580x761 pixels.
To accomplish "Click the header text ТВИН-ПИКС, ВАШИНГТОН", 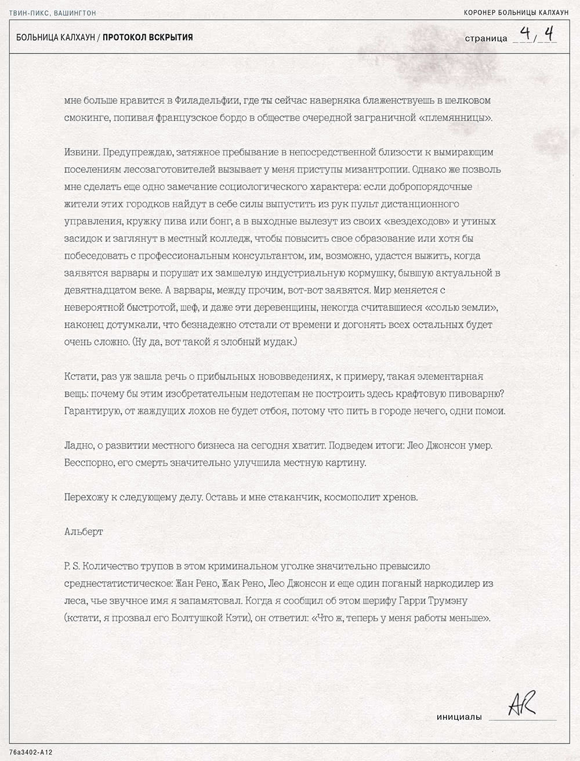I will (53, 13).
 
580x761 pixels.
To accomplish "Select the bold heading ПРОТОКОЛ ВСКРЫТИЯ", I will (148, 38).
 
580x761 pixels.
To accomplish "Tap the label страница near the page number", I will (486, 39).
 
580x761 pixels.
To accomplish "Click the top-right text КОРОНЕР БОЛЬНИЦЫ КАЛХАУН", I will (516, 13).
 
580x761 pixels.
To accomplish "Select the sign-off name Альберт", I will (84, 531).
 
